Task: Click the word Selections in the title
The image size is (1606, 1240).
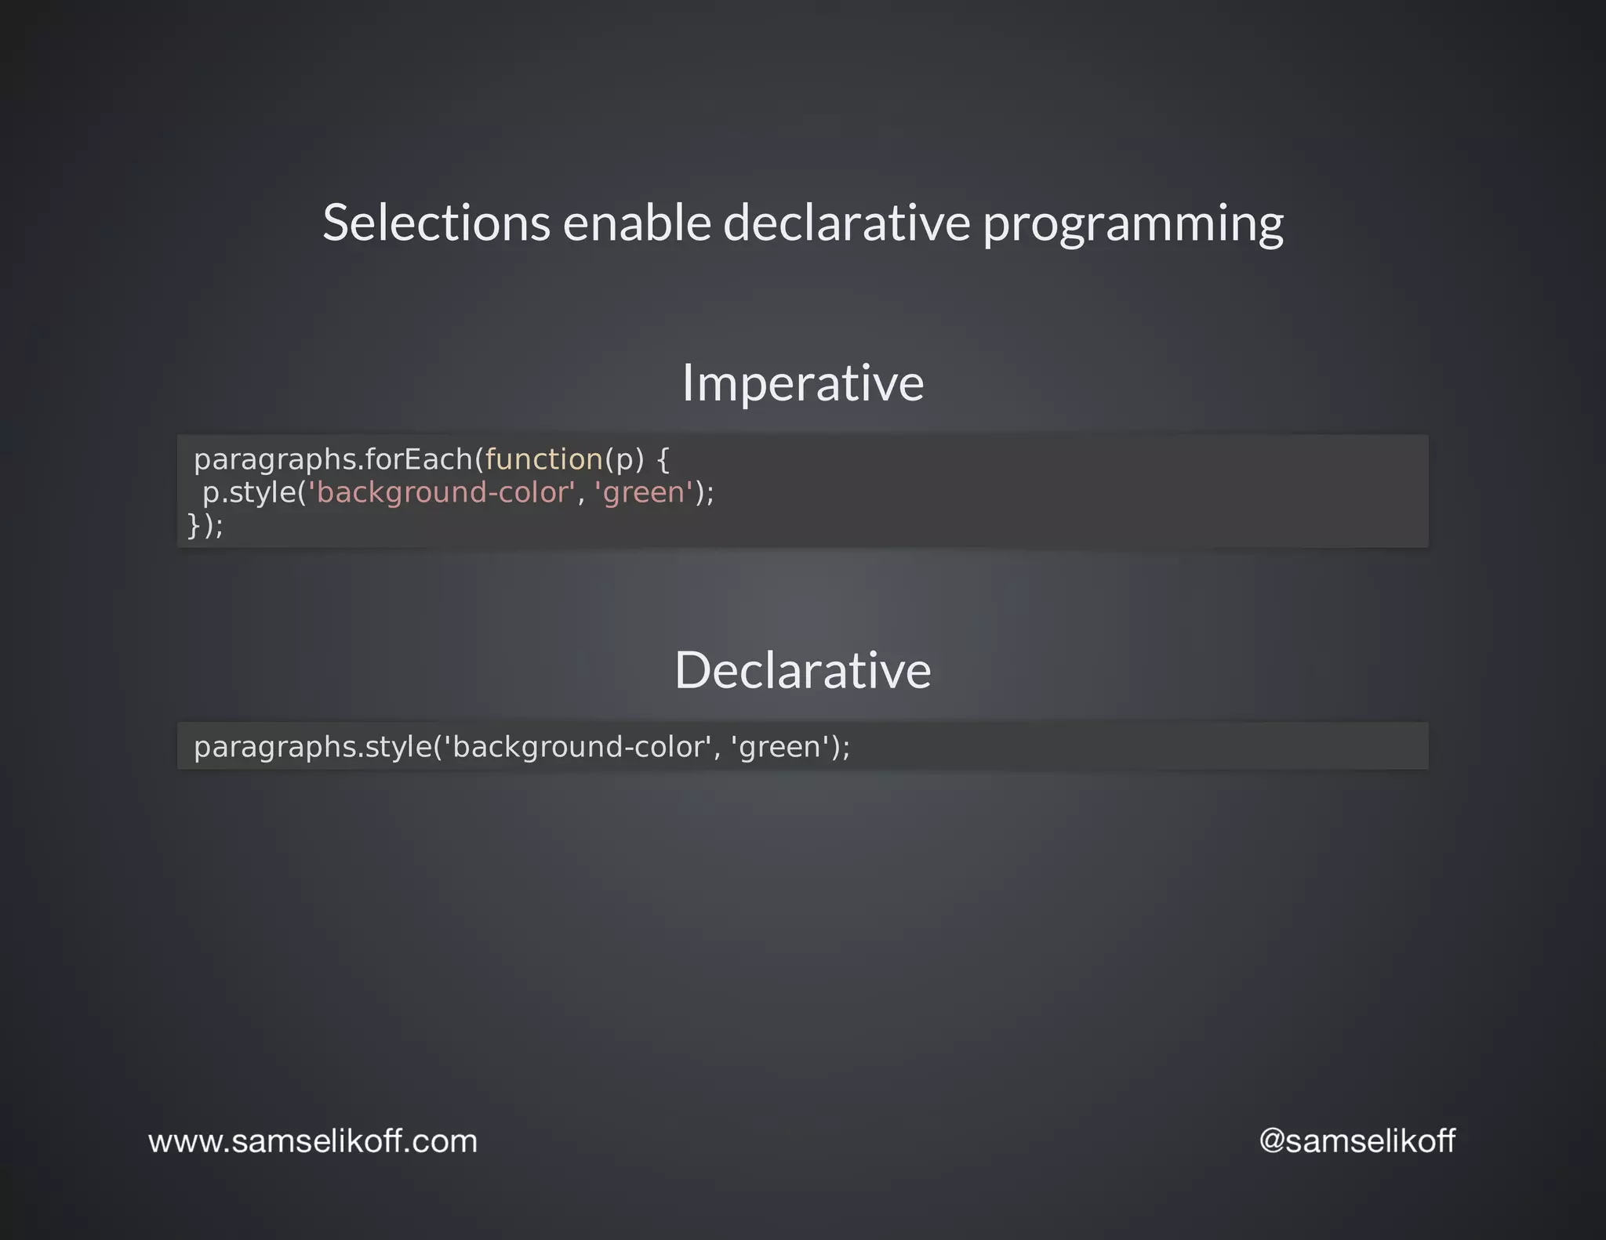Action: click(x=436, y=223)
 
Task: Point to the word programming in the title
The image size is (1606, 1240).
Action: click(x=1133, y=224)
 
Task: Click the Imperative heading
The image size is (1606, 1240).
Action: click(x=802, y=383)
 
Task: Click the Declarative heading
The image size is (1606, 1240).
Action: click(x=802, y=671)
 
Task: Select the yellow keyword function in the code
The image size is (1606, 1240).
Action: click(x=543, y=459)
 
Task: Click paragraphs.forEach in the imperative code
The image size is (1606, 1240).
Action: click(x=333, y=460)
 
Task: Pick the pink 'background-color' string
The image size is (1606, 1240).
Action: click(x=442, y=493)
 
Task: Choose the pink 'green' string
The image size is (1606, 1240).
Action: click(x=644, y=493)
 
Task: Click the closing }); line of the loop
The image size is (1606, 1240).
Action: click(x=205, y=525)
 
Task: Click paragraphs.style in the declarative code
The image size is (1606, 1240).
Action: click(x=312, y=747)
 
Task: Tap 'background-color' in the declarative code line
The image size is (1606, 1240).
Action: click(x=579, y=747)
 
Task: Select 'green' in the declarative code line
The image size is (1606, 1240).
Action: click(x=779, y=747)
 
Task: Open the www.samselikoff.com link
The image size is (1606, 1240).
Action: click(x=313, y=1141)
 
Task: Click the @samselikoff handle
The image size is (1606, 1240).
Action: click(x=1357, y=1141)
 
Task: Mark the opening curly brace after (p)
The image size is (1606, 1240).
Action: click(x=663, y=460)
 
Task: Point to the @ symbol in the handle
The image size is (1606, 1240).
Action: click(x=1271, y=1141)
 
